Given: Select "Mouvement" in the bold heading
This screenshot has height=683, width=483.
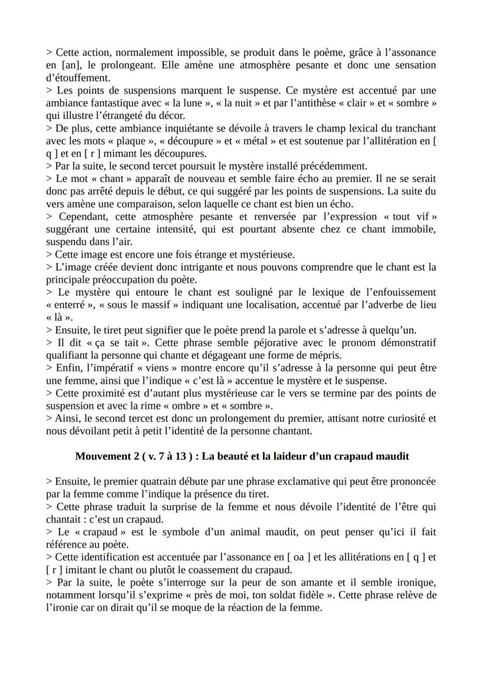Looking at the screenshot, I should click(x=103, y=456).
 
